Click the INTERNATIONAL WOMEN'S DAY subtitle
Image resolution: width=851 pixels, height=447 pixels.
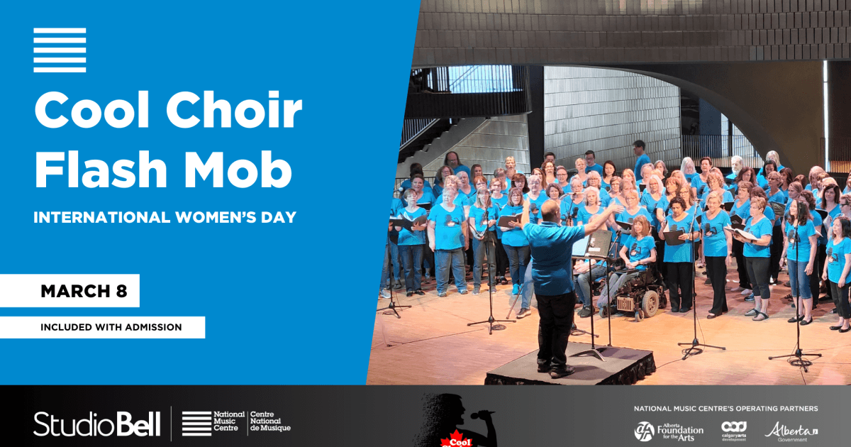click(165, 215)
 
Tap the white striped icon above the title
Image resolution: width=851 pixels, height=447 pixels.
click(60, 50)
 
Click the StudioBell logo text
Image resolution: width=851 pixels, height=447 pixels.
click(97, 424)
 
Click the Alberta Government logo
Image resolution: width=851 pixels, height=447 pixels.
click(791, 431)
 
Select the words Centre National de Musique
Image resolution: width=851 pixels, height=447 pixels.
click(270, 421)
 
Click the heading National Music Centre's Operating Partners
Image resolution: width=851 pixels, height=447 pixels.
click(725, 409)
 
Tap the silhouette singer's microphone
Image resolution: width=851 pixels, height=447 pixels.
click(484, 415)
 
